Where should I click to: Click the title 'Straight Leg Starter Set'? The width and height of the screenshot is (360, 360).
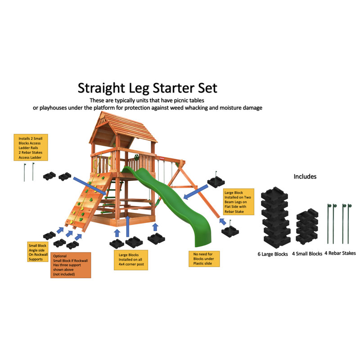(x=148, y=88)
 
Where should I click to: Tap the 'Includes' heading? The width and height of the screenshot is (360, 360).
(x=305, y=176)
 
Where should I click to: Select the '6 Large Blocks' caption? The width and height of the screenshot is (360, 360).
(x=273, y=254)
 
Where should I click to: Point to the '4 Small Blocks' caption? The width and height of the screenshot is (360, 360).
(x=307, y=254)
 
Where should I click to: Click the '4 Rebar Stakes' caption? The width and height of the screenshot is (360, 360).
(x=340, y=253)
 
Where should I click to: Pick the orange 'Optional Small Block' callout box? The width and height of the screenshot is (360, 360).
(x=71, y=265)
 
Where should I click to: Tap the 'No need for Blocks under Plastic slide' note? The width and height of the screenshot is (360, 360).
(x=204, y=259)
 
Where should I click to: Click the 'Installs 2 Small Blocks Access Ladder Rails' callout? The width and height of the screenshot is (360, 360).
(x=31, y=148)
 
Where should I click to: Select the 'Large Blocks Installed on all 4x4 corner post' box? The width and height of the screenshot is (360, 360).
(x=131, y=260)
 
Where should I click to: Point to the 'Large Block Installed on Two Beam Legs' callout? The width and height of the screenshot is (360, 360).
(x=238, y=202)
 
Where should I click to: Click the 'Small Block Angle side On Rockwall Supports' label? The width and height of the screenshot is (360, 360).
(x=38, y=252)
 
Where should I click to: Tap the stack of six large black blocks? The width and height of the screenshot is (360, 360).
(x=275, y=217)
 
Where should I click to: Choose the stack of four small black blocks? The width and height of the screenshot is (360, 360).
(x=307, y=227)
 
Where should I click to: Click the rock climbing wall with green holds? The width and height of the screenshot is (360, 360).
(x=87, y=202)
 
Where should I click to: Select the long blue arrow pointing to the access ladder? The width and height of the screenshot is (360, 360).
(x=90, y=186)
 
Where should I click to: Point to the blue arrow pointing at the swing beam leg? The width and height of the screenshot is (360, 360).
(x=196, y=192)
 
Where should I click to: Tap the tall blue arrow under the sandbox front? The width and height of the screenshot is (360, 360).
(x=128, y=226)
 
